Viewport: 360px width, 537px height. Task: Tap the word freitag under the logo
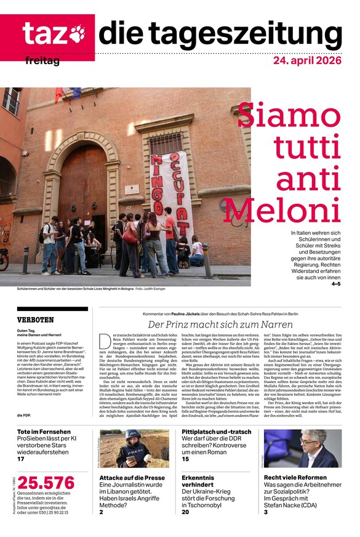click(42, 62)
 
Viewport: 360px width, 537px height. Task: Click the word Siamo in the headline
click(289, 115)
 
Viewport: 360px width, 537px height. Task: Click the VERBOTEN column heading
click(36, 320)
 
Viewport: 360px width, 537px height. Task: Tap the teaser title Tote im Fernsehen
click(44, 432)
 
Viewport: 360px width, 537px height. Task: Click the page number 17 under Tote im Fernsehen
click(21, 459)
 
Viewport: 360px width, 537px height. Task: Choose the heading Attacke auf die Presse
click(132, 477)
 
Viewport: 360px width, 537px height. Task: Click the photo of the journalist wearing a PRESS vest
click(134, 448)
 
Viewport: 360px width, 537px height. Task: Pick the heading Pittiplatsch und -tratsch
click(216, 432)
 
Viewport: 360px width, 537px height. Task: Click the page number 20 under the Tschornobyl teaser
click(186, 512)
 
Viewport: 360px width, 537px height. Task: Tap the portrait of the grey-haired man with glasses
click(302, 448)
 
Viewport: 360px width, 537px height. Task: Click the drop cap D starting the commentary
click(103, 339)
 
